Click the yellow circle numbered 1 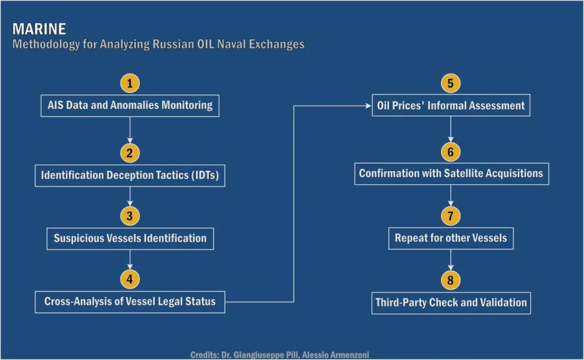[x=129, y=83]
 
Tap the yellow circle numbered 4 [x=129, y=279]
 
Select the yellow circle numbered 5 [x=451, y=83]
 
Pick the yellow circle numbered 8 [x=451, y=280]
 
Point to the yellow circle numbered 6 [x=451, y=152]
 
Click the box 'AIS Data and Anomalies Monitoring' [x=130, y=106]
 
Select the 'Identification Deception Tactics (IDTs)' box [x=130, y=176]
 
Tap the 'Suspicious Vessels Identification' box [x=130, y=238]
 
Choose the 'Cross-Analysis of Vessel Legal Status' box [x=130, y=302]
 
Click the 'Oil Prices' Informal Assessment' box [x=451, y=106]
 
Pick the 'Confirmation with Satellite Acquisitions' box [x=452, y=173]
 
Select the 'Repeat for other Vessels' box [x=451, y=238]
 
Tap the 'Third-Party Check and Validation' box [x=451, y=303]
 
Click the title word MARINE [x=39, y=29]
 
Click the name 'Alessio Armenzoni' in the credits [x=335, y=355]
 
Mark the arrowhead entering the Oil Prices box [x=369, y=106]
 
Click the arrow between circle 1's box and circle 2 [x=129, y=130]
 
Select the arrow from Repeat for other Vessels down [x=451, y=260]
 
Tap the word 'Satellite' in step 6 [x=467, y=173]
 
